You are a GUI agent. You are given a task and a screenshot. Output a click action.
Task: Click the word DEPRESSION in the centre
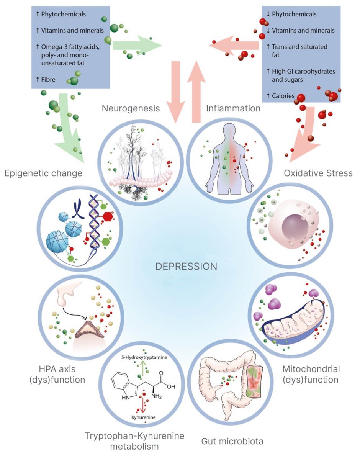pyautogui.click(x=187, y=266)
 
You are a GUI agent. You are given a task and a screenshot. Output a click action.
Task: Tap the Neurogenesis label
pyautogui.click(x=131, y=108)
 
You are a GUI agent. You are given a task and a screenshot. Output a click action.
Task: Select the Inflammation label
pyautogui.click(x=233, y=108)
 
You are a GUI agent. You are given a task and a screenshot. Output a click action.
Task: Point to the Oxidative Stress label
pyautogui.click(x=318, y=173)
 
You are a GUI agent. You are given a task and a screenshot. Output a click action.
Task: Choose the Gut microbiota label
pyautogui.click(x=232, y=441)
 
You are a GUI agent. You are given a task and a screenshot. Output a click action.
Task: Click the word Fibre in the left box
pyautogui.click(x=49, y=80)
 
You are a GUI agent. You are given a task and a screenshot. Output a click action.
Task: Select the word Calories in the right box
pyautogui.click(x=283, y=96)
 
